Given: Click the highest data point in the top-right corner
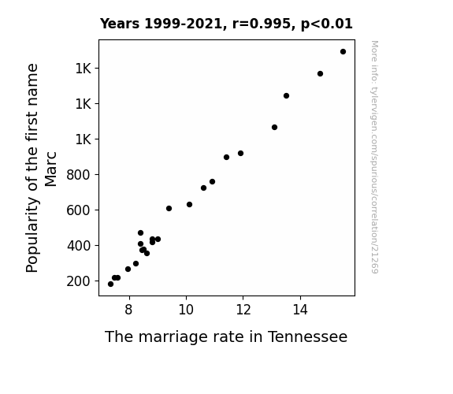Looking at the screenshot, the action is coord(343,52).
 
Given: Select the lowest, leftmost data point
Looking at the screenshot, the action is coord(110,284).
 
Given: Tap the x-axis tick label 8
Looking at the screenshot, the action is coord(129,310).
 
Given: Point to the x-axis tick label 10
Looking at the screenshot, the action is coord(186,310).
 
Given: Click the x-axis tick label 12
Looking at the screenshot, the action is coord(243,310).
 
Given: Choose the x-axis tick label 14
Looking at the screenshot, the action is coord(300,310).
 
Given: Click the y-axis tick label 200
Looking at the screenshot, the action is coord(79,281).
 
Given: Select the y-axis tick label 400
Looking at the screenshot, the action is coord(79,246).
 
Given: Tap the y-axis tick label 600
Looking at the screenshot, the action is coord(79,210).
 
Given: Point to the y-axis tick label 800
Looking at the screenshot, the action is coord(79,175).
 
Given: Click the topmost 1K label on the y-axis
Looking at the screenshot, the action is coord(84,69).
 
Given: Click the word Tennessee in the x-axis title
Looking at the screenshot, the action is coord(307,336).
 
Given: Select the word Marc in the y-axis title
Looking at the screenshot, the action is coord(51,169).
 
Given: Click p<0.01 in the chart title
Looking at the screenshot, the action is coord(327,24).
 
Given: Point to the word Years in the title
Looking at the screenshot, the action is coord(119,24).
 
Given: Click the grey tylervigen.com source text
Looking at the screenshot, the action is coord(374,157).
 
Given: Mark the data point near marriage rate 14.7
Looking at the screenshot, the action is coord(320,74).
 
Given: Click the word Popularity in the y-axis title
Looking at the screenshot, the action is coord(32,235).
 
